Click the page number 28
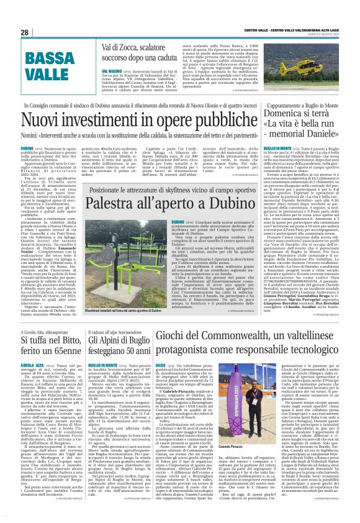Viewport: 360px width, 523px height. (x=24, y=32)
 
